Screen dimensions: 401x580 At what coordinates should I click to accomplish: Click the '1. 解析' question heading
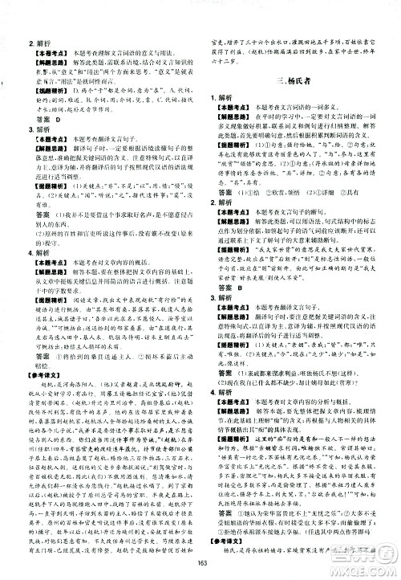(x=226, y=95)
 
